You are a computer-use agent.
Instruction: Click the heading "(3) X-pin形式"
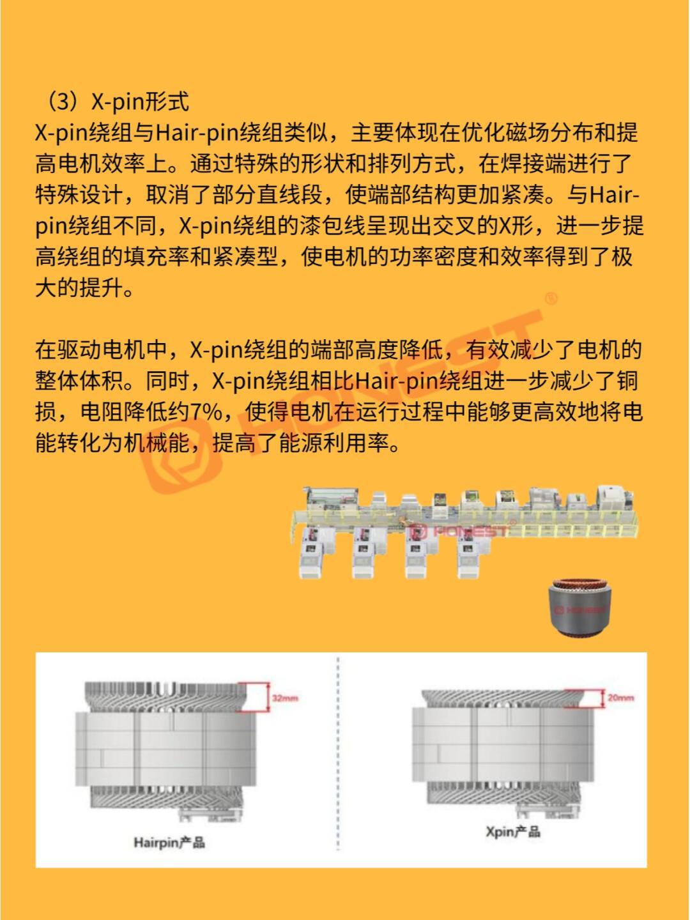(114, 102)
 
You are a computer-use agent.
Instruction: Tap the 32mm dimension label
(285, 698)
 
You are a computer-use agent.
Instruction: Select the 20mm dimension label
(620, 698)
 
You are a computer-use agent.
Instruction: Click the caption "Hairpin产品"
(169, 842)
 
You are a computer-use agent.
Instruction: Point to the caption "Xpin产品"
(512, 831)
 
